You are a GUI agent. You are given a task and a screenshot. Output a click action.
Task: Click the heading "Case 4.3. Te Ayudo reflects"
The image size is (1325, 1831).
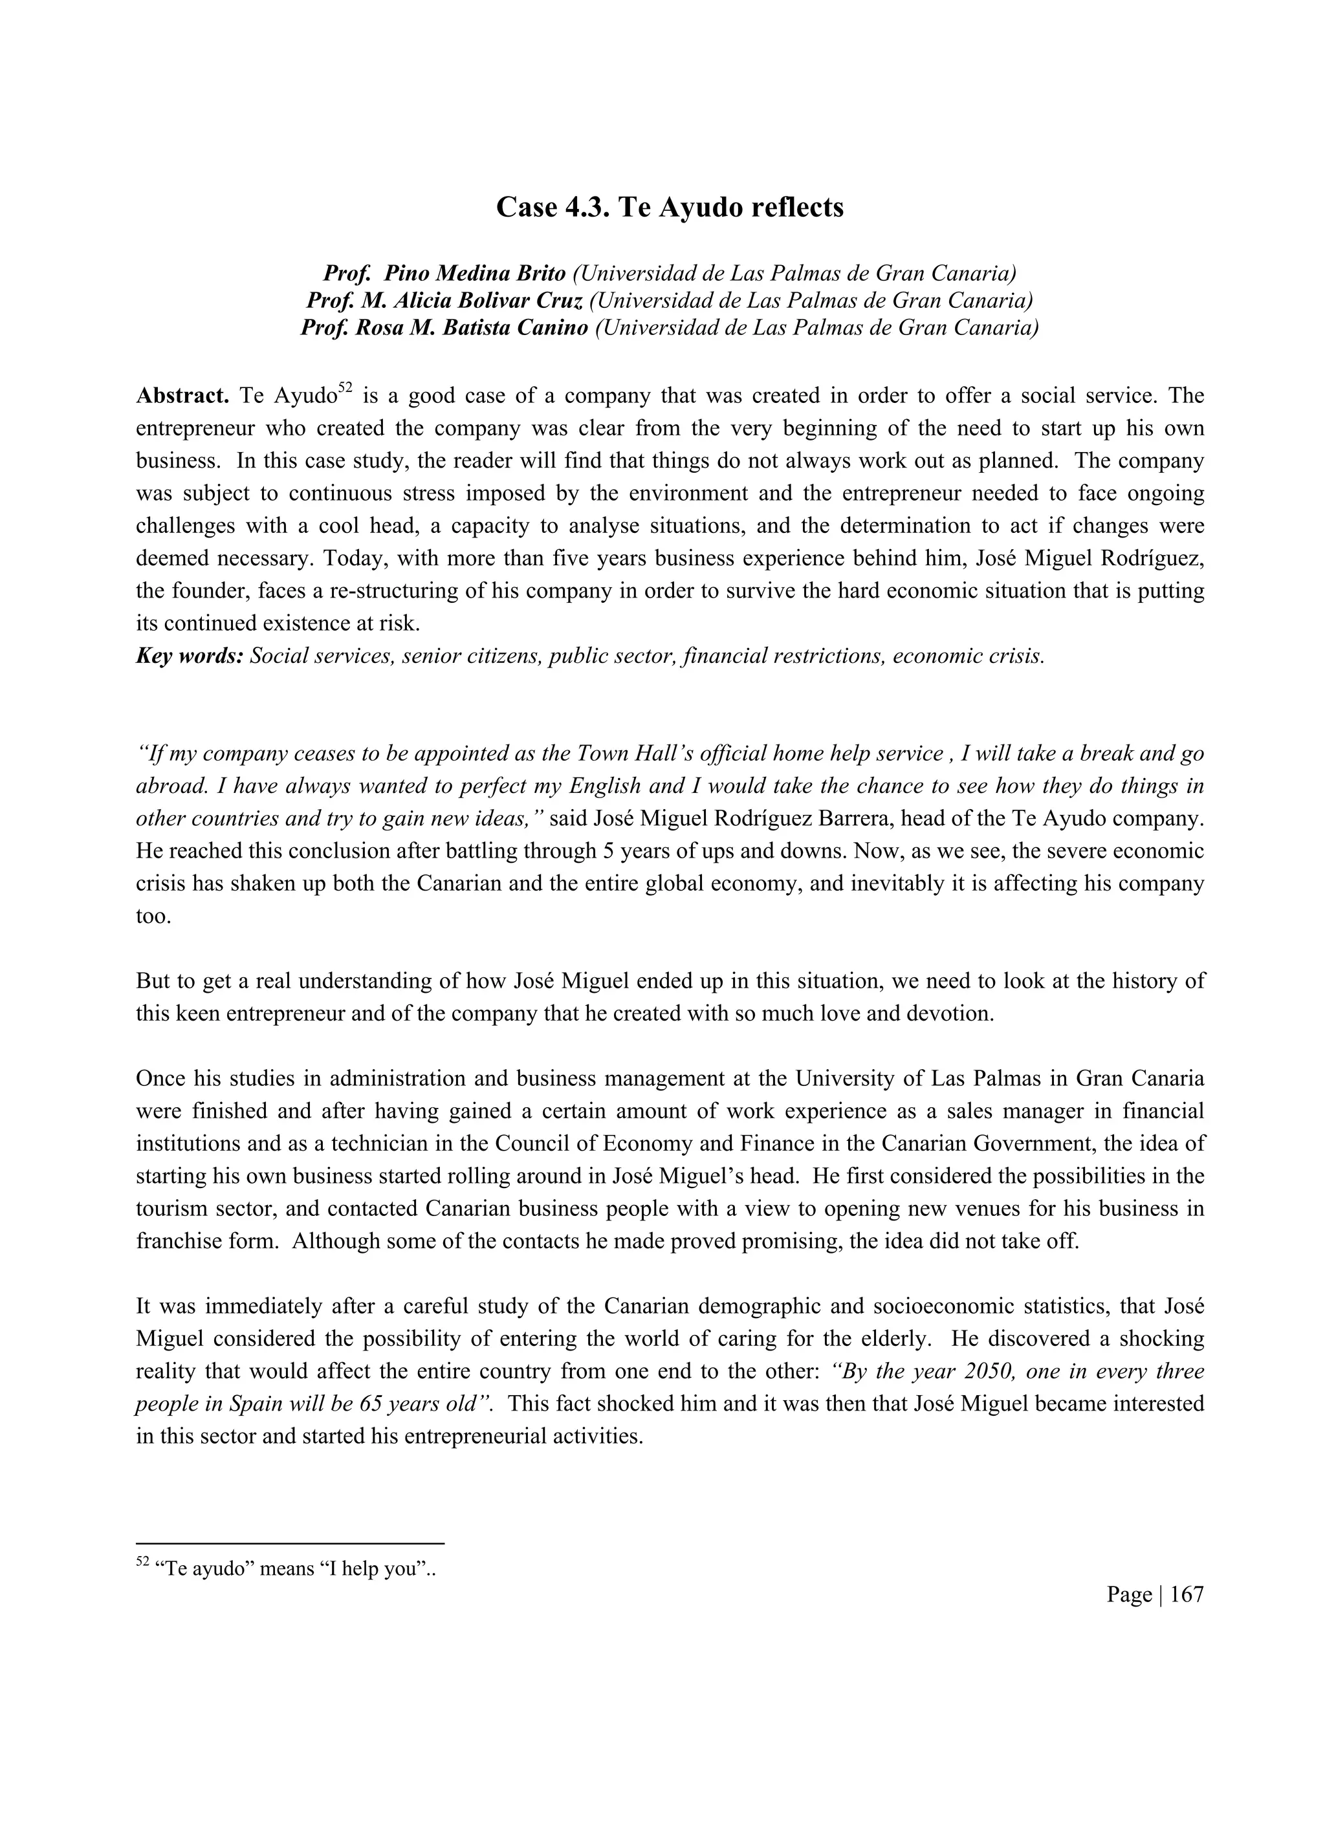(670, 208)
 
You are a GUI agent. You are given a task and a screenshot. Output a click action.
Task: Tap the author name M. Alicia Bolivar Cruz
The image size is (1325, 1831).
(472, 301)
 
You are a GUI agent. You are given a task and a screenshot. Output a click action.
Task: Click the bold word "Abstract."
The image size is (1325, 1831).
(182, 396)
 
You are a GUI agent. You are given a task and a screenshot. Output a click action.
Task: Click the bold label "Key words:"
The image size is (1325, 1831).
(189, 656)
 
